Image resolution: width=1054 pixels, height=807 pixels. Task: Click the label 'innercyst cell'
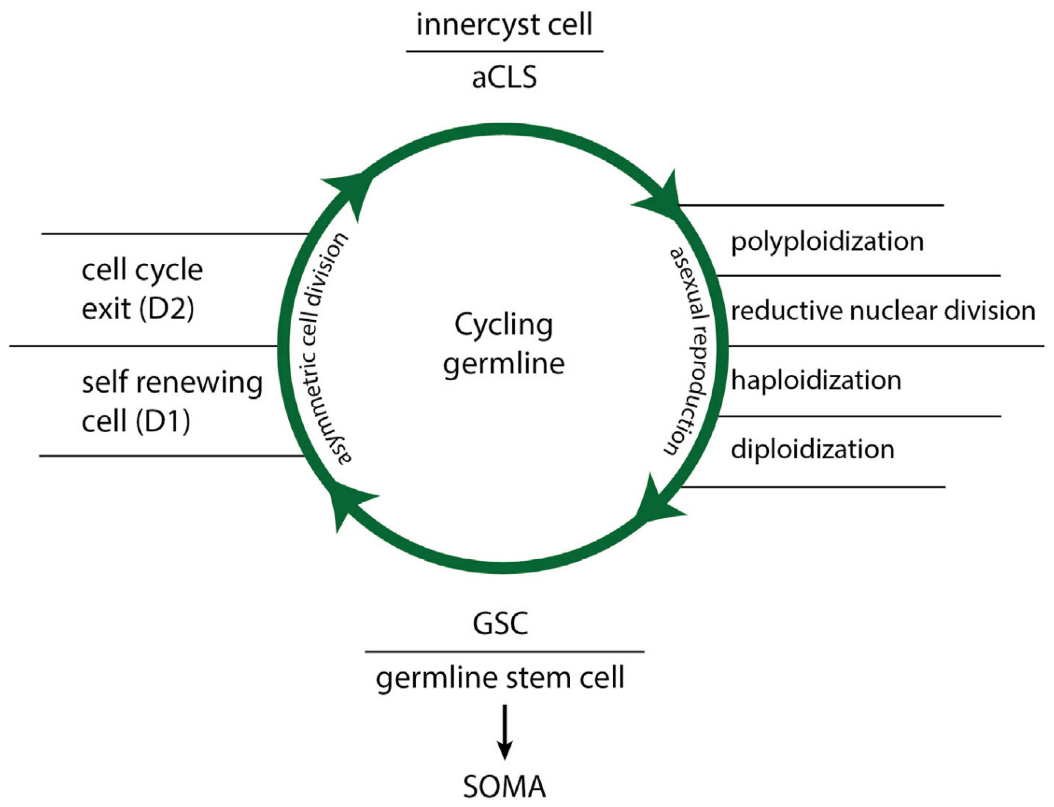(x=504, y=25)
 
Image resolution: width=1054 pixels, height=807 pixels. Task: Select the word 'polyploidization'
(x=827, y=241)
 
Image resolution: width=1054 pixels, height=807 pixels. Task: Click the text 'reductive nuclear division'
(x=883, y=311)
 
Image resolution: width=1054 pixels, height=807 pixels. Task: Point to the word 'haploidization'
(x=816, y=380)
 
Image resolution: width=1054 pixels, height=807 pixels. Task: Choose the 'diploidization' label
(x=812, y=450)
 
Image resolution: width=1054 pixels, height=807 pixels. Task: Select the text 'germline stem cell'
(x=500, y=678)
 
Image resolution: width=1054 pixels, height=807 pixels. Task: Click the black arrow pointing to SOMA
(x=504, y=732)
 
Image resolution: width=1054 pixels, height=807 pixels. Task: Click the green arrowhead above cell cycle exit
(x=351, y=190)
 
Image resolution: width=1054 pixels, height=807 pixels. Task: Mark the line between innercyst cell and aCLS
(x=504, y=51)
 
